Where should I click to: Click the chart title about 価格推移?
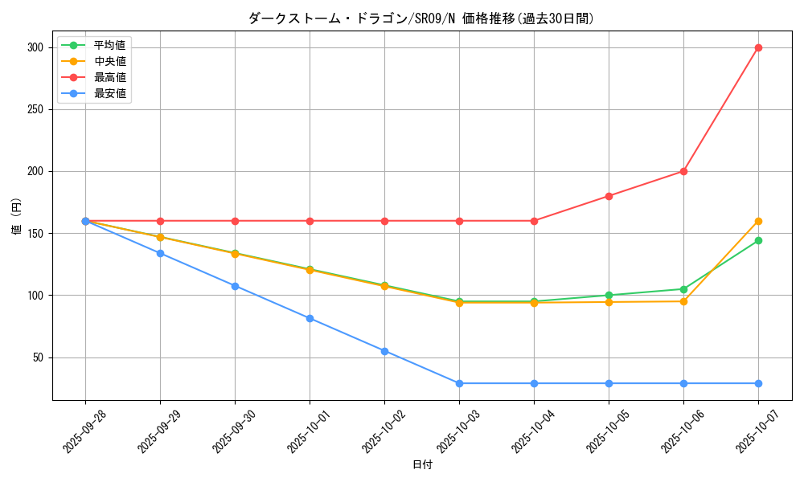[x=421, y=18]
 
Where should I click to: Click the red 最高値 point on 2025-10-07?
[x=758, y=47]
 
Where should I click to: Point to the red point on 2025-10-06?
[x=683, y=171]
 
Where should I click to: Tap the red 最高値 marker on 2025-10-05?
[x=609, y=196]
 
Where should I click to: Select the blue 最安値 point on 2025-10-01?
[x=310, y=318]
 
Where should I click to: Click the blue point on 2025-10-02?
[x=384, y=351]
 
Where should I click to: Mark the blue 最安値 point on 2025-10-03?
[x=459, y=383]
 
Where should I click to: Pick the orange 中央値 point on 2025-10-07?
[x=758, y=221]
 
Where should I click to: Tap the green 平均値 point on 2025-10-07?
[x=758, y=240]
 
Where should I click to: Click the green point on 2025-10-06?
[x=683, y=289]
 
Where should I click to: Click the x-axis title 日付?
[x=422, y=465]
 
